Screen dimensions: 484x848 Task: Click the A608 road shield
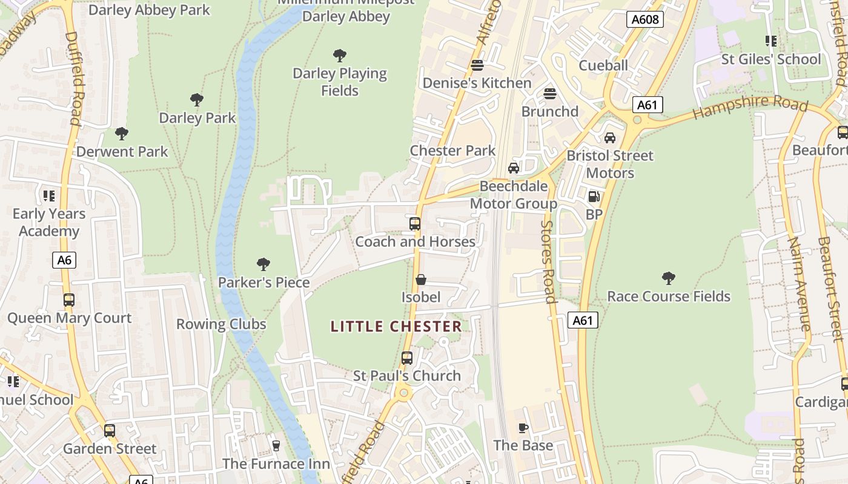(644, 19)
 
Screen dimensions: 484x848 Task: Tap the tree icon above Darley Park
(196, 100)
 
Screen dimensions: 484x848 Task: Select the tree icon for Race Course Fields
(669, 278)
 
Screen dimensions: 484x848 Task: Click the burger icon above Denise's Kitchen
(477, 65)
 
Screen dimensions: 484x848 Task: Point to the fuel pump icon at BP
(594, 197)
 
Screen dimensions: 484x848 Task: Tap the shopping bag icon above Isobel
(421, 280)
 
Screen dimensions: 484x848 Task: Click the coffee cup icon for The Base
(523, 428)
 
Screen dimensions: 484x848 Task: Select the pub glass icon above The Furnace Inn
(276, 446)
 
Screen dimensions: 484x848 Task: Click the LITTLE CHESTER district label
(396, 327)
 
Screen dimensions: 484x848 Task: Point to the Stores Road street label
(548, 261)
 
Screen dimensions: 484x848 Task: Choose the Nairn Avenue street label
(799, 284)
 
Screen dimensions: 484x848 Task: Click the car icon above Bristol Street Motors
(610, 138)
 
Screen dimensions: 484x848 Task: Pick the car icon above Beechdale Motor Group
(514, 168)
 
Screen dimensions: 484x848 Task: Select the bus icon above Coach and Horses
(415, 224)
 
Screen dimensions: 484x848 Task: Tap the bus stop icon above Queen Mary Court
(69, 300)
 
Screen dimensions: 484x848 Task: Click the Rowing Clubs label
(221, 324)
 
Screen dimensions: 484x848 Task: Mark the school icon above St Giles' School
(770, 41)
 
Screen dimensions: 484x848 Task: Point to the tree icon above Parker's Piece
(263, 264)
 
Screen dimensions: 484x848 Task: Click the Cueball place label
(603, 65)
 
